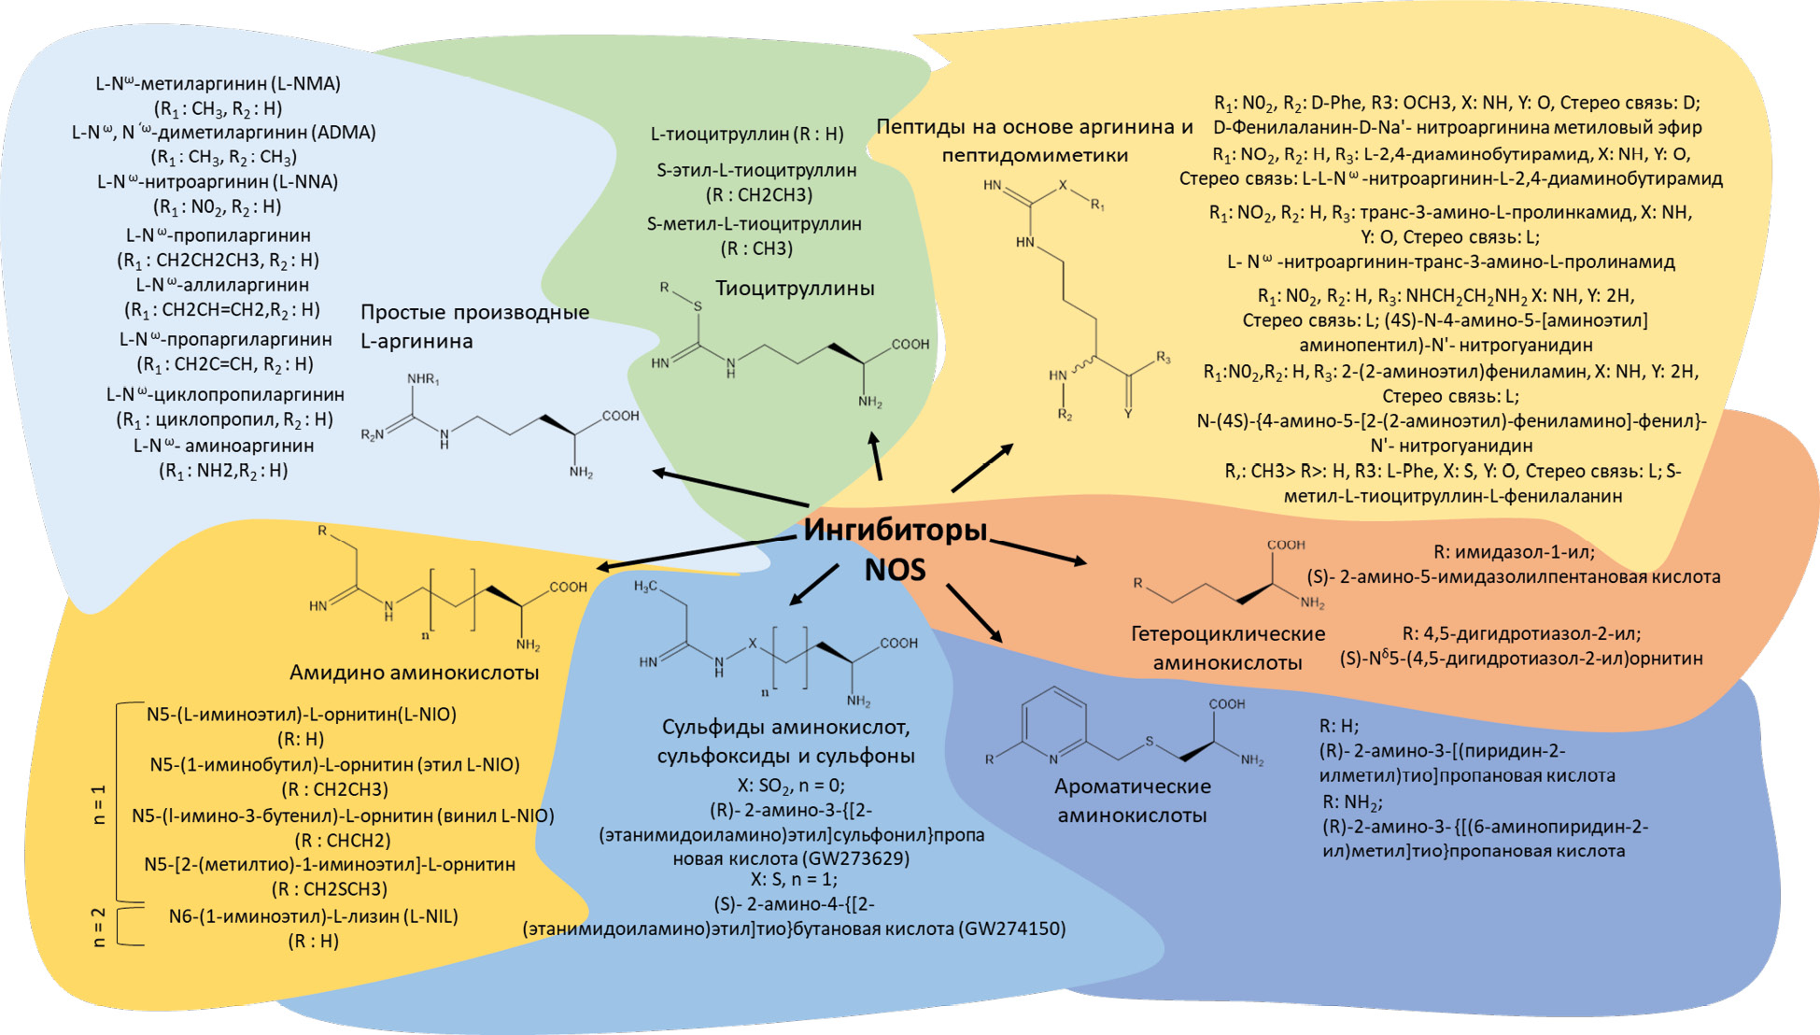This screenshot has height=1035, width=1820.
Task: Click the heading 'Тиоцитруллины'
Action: [x=795, y=289]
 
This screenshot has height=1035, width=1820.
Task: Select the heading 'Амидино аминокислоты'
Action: [x=414, y=673]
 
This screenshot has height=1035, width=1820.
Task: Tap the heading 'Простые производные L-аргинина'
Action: [x=474, y=326]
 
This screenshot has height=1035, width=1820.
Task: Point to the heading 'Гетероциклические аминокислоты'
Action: [x=1227, y=648]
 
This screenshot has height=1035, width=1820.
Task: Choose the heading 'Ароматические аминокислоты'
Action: [x=1132, y=801]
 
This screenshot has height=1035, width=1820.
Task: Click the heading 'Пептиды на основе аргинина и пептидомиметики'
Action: [x=1035, y=141]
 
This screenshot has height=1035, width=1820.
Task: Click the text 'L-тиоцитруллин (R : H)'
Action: [x=747, y=134]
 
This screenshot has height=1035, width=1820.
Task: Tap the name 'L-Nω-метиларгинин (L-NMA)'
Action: [x=218, y=83]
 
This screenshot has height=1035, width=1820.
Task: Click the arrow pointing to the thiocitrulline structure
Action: [x=876, y=456]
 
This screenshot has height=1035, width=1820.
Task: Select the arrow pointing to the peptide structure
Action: [x=982, y=468]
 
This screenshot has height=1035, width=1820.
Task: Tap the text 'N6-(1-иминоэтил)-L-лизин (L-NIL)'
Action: [x=313, y=916]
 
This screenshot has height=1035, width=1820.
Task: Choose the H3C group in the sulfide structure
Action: [x=645, y=587]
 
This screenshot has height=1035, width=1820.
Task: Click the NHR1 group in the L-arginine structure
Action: [x=423, y=379]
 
